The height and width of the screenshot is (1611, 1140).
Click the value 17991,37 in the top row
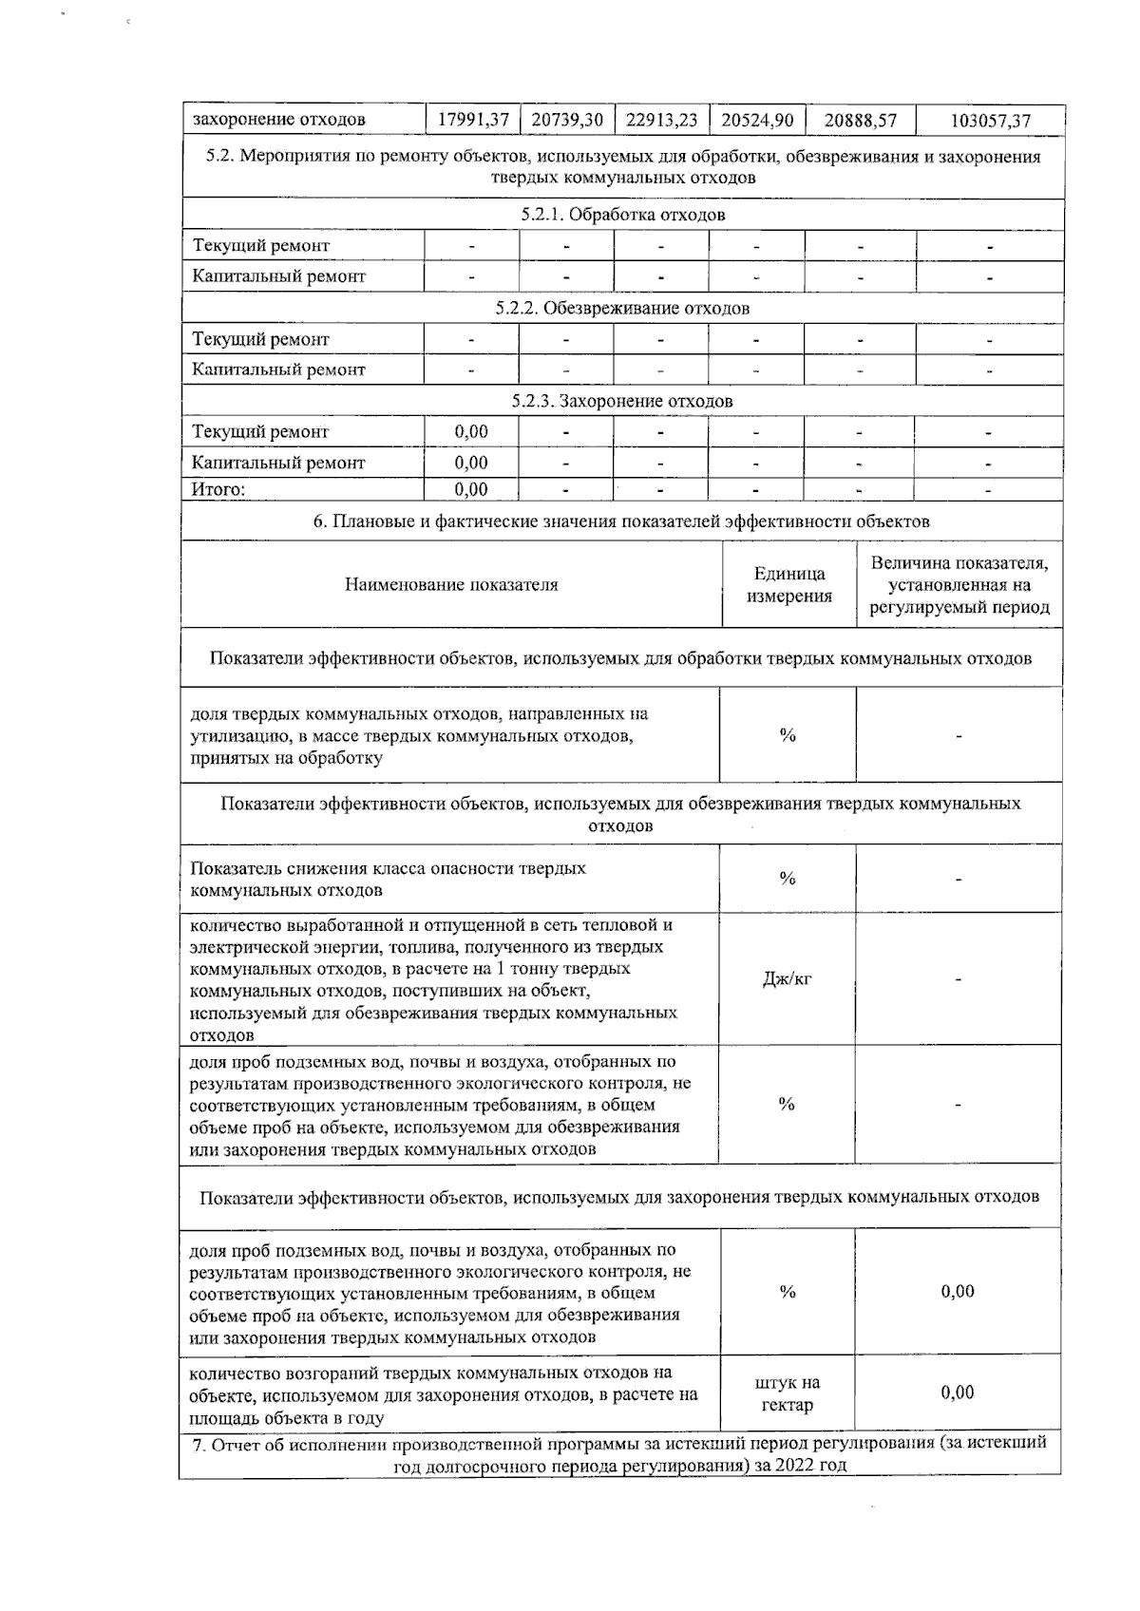[473, 121]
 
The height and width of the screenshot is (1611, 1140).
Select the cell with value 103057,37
[990, 121]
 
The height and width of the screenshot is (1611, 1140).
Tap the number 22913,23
[662, 121]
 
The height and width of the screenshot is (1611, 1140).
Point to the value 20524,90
[757, 121]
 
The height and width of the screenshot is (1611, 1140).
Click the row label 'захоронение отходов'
[279, 121]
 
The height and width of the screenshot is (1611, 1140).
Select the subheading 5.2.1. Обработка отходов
[622, 215]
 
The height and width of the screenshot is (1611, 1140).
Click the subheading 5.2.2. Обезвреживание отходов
[622, 308]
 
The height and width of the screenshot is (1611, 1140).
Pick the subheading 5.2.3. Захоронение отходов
[622, 401]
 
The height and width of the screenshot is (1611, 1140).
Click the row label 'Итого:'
[218, 490]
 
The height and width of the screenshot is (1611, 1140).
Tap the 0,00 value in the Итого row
[471, 490]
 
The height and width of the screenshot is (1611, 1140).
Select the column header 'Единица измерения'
[788, 585]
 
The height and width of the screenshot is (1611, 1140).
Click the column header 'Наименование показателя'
[451, 585]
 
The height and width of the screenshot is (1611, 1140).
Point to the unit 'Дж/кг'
[787, 979]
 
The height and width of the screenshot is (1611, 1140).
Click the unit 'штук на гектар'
[788, 1393]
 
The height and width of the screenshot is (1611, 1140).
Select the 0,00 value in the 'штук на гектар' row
[958, 1393]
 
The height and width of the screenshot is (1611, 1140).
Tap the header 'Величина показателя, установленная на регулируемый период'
[959, 585]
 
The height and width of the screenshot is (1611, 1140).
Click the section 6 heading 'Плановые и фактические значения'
[621, 521]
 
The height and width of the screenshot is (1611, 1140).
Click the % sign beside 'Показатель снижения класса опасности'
[787, 879]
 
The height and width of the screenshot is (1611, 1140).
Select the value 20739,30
[567, 121]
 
